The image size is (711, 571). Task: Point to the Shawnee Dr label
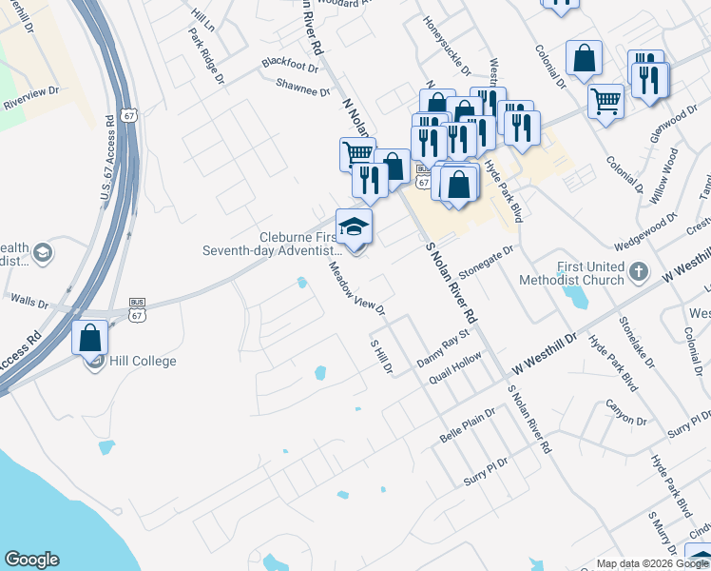click(x=303, y=87)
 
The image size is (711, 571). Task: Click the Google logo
click(x=31, y=560)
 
